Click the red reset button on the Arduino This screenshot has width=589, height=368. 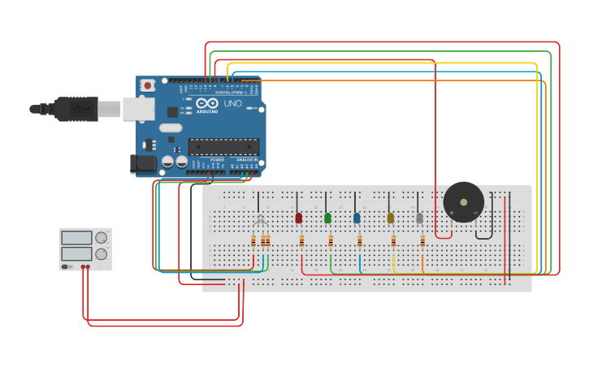(x=148, y=84)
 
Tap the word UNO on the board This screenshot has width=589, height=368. (x=232, y=103)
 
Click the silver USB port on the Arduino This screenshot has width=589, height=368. (x=139, y=109)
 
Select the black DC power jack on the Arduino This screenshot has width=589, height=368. (x=143, y=163)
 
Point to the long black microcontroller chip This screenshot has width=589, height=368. (x=223, y=147)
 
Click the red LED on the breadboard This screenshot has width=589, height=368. (x=299, y=218)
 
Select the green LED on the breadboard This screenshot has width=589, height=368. (x=327, y=218)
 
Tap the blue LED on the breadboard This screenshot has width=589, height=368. (x=357, y=218)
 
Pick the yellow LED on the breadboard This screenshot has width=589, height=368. (x=391, y=218)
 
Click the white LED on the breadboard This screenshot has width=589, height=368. (x=419, y=218)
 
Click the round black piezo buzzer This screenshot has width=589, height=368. (x=463, y=202)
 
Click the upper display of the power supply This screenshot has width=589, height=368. (x=76, y=238)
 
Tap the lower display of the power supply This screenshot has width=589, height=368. (x=76, y=254)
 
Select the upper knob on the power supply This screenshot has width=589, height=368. (x=101, y=238)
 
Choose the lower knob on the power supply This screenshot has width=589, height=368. (x=101, y=254)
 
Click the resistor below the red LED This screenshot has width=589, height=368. (x=301, y=240)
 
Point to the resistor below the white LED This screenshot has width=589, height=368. (x=422, y=240)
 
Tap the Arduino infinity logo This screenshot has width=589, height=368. (x=206, y=103)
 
